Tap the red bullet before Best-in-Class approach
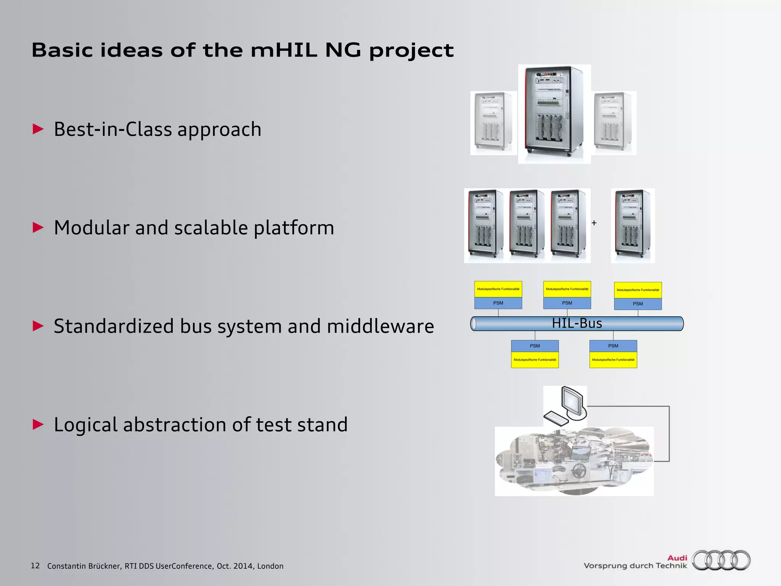coord(38,129)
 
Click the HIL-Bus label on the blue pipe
coord(577,324)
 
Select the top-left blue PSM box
coord(498,303)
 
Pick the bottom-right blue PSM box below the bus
coord(613,346)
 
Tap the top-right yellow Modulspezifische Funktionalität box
coord(638,290)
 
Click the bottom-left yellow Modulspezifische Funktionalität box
coord(535,360)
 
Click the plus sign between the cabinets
coord(594,223)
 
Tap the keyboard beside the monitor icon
coord(556,419)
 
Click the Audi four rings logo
coord(721,560)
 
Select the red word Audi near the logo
coord(677,558)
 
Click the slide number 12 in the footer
coord(35,566)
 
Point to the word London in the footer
coord(270,566)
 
